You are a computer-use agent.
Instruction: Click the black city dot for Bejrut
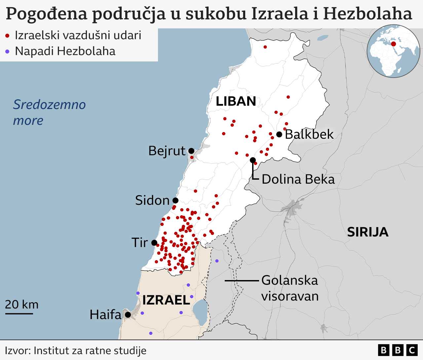coord(191,151)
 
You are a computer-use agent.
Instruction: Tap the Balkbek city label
coord(309,134)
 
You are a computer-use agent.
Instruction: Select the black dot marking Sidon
coord(175,200)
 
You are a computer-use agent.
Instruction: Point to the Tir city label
coord(140,243)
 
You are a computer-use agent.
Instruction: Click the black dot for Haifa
coord(128,315)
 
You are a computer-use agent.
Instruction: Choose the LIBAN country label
coord(236,101)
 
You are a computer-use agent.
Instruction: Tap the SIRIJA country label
coord(367,232)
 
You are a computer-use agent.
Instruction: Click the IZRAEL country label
coord(166,300)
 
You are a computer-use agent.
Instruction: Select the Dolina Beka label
coord(298,179)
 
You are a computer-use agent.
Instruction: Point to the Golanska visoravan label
coord(290,288)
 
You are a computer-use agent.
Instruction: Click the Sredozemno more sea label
coord(49,112)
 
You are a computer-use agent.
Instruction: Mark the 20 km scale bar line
coord(19,313)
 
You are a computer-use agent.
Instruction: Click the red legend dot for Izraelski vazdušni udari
coord(7,36)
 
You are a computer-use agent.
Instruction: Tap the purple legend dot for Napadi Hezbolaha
coord(7,52)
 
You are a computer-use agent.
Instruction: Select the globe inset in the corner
coord(393,51)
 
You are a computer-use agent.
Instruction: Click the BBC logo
coord(398,350)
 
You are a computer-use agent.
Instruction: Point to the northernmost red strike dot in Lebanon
coord(265,47)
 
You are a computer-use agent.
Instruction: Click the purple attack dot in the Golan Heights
coord(217,261)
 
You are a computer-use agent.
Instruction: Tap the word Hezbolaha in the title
coord(367,14)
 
